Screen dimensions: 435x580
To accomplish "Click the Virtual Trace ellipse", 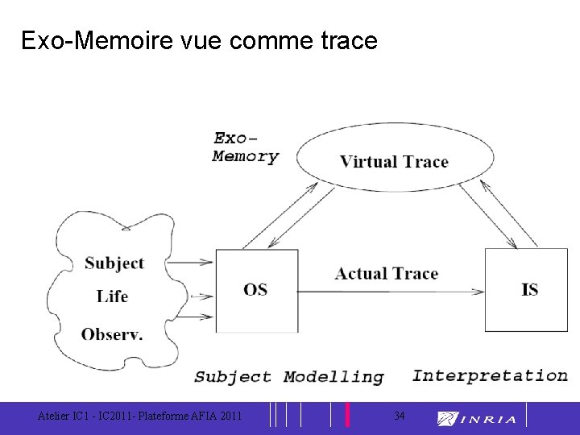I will pos(394,160).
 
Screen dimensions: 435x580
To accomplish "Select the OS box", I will pos(257,290).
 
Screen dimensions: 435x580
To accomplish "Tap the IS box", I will pos(528,289).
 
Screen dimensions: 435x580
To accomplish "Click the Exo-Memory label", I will pos(245,147).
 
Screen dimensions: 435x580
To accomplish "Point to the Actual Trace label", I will pos(387,274).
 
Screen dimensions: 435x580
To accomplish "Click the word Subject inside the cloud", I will pos(114,263).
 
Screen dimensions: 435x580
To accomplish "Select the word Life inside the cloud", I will pos(112,296).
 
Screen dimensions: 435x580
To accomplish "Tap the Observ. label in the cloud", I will pos(112,333).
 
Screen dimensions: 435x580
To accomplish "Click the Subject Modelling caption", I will pos(289,376).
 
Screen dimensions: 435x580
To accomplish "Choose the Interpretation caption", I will pos(490,375).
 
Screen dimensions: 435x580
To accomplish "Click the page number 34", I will pos(400,416).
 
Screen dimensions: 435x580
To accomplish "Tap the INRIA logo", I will pos(477,418).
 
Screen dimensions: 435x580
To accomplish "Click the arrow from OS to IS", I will pos(391,290).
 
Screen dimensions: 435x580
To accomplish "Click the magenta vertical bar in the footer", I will pos(347,414).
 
